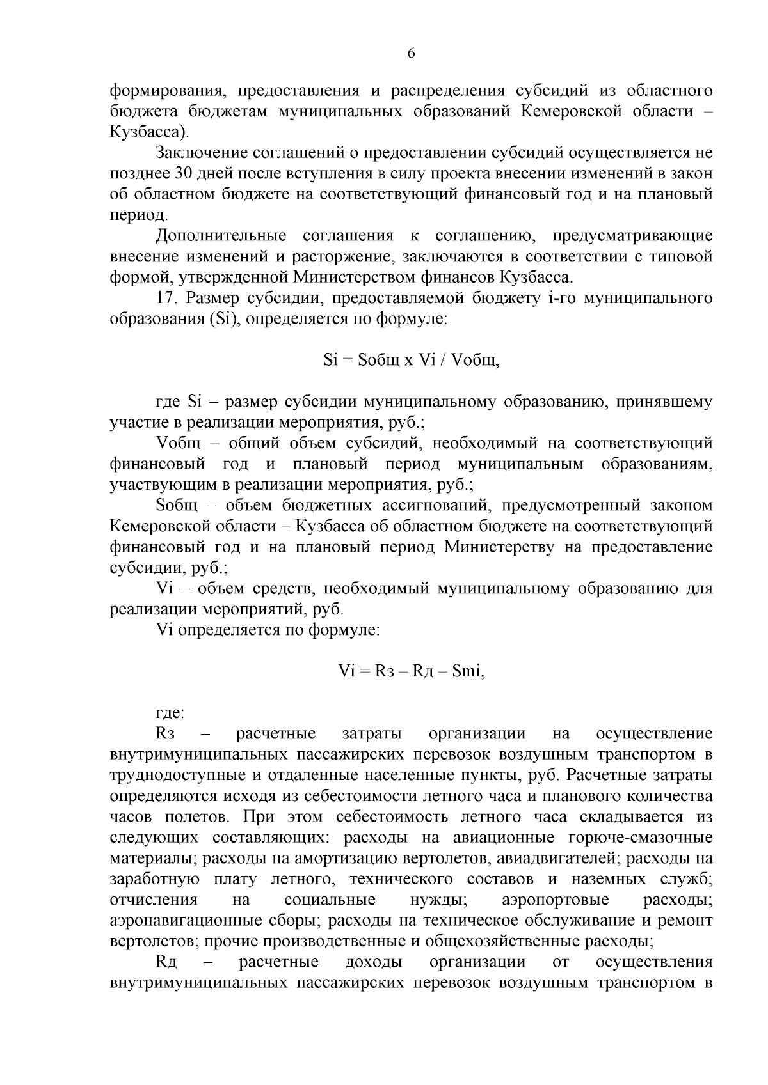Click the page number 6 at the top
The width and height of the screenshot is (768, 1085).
(411, 54)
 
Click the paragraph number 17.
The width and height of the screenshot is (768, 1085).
(165, 299)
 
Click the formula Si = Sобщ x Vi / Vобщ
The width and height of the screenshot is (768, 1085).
(411, 360)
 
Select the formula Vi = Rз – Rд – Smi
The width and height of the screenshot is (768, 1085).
(411, 671)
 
